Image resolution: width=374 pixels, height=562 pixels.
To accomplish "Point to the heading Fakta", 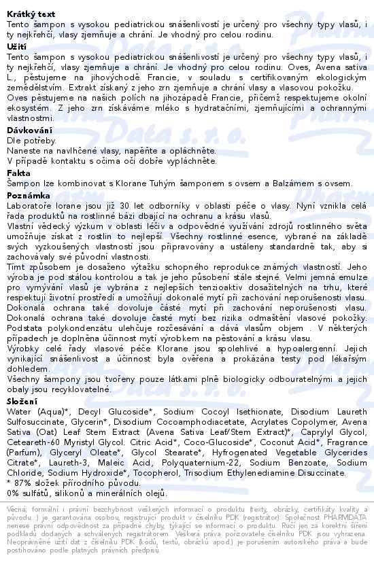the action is point(19,173).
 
